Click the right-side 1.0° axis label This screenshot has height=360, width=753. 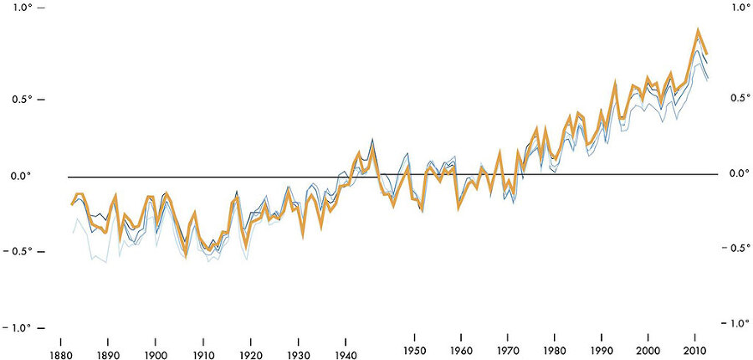pyautogui.click(x=741, y=8)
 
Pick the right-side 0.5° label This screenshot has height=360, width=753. pyautogui.click(x=741, y=98)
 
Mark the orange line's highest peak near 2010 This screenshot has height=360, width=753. pyautogui.click(x=697, y=31)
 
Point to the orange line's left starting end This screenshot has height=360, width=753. pyautogui.click(x=71, y=204)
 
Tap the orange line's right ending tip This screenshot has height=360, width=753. pyautogui.click(x=707, y=54)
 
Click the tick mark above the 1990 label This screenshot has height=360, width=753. pyautogui.click(x=602, y=337)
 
